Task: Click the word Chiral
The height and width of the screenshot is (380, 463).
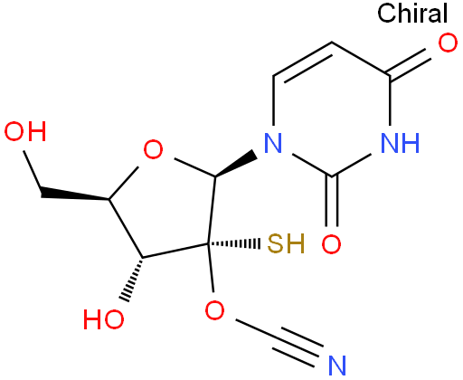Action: tap(412, 14)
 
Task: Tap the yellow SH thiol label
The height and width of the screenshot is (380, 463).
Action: tap(286, 243)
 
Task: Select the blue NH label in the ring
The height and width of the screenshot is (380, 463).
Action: tap(400, 142)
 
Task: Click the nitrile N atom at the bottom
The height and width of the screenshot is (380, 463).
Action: tap(337, 366)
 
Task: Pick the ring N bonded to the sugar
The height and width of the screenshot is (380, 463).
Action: tap(273, 142)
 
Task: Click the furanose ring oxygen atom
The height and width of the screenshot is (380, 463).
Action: tap(153, 150)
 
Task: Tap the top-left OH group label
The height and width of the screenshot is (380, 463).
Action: tap(25, 131)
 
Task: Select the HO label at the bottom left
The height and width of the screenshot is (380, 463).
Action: tap(103, 318)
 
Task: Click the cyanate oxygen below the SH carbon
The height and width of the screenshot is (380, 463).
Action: tap(214, 310)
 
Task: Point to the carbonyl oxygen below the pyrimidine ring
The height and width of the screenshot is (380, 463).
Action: tap(332, 243)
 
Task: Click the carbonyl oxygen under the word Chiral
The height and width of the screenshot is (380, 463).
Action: tap(448, 43)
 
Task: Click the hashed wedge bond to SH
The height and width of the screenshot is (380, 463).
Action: tap(234, 243)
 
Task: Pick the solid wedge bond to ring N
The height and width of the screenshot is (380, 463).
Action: tap(235, 164)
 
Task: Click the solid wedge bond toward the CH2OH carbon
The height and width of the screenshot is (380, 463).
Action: tap(75, 194)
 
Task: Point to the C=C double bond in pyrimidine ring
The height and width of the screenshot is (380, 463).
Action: tap(302, 62)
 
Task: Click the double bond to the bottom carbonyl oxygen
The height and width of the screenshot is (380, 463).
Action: tap(332, 201)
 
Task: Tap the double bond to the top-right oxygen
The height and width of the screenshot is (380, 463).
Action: tap(409, 62)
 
